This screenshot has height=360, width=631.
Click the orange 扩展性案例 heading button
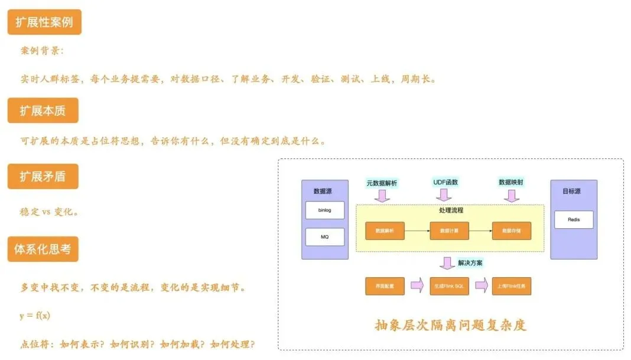click(x=44, y=22)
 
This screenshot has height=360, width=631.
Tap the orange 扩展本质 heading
click(x=43, y=111)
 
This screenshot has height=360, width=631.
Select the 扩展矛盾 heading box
click(x=43, y=176)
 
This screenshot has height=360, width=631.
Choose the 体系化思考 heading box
click(x=43, y=249)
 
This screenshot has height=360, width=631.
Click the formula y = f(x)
click(x=35, y=316)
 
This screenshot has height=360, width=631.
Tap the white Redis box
click(x=573, y=219)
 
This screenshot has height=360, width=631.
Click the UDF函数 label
click(x=445, y=183)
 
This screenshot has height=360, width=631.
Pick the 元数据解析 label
click(x=383, y=183)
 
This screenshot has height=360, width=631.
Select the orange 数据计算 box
click(x=449, y=231)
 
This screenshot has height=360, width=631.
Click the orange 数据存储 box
click(x=511, y=231)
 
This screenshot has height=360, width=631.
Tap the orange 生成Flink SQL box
click(x=449, y=286)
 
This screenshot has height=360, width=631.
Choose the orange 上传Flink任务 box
click(x=511, y=286)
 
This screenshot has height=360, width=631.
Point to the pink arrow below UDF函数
click(x=445, y=195)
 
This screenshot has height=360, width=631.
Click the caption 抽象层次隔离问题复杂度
click(x=450, y=325)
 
